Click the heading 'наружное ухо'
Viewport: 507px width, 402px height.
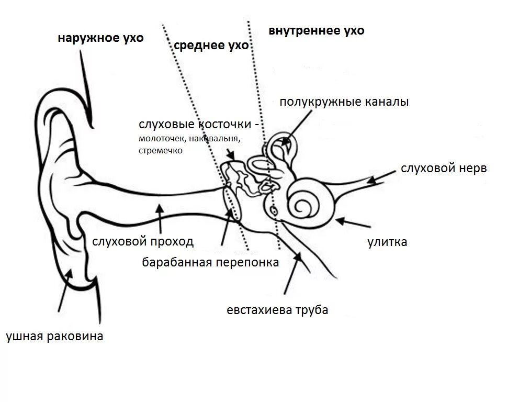100,39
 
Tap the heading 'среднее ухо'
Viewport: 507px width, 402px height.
210,46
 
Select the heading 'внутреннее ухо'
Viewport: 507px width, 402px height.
317,31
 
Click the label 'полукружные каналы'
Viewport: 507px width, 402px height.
344,102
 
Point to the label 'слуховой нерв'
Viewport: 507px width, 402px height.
444,169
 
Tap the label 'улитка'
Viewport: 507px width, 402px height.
387,242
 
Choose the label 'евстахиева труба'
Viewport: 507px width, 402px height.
277,310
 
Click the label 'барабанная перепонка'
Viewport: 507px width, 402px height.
210,262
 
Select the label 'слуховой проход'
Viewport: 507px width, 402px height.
143,241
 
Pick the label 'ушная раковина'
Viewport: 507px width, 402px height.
54,336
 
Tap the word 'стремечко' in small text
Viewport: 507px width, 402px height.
161,150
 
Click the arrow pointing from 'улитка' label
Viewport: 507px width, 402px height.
354,222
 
